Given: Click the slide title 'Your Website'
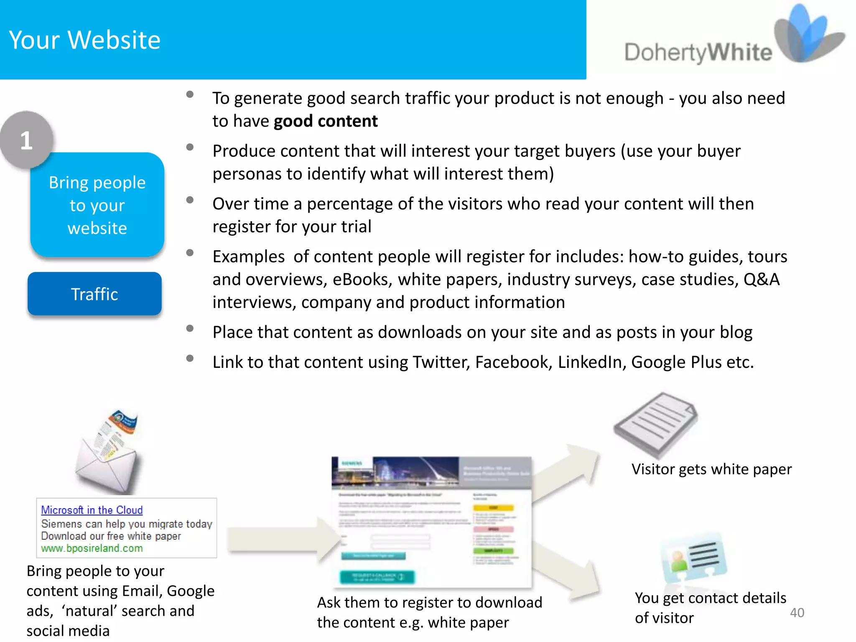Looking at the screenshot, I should pos(85,40).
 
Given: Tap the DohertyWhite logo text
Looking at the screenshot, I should pos(698,53).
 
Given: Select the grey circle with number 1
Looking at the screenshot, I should pos(27,140).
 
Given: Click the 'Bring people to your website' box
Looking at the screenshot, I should pos(97,205).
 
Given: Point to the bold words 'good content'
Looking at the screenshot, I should pos(326,121).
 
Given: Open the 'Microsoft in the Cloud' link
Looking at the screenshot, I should pos(92,510).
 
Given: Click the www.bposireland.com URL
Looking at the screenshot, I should pos(92,548).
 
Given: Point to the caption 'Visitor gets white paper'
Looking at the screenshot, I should pos(711,469).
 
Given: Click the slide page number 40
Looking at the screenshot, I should pos(797,613).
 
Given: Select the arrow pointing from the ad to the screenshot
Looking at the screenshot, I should pos(284,539).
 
